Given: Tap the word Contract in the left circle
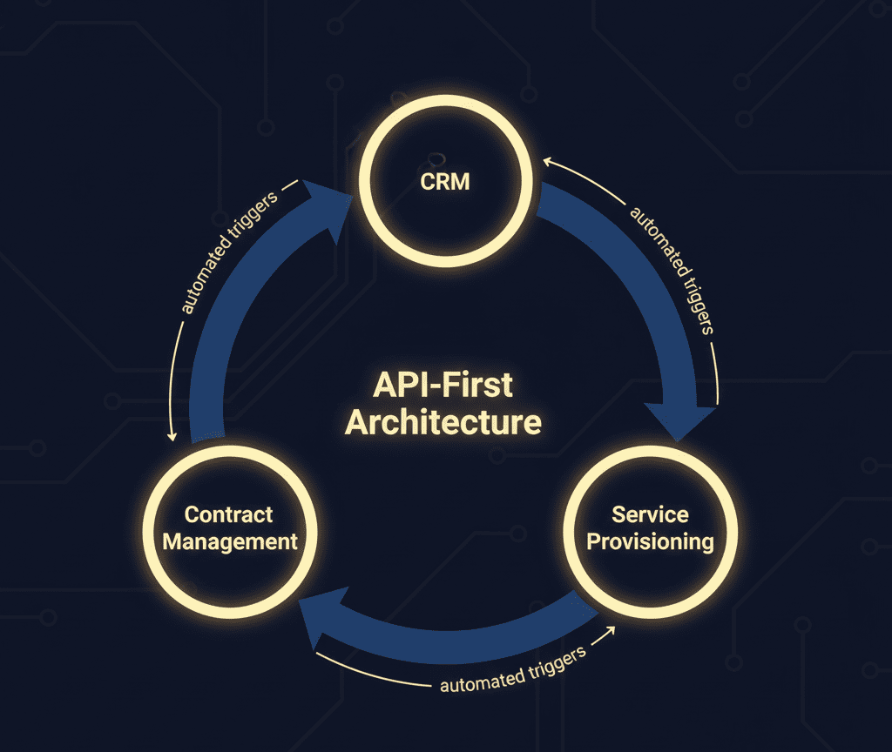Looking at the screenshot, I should pos(229,514).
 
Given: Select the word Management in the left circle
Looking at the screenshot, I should pos(230,541).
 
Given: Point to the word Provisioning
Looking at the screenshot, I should pos(649,541).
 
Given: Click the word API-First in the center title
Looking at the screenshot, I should pos(443,386).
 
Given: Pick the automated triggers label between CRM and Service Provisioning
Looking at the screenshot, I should pos(672,271).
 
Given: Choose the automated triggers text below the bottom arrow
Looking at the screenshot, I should pos(513,669).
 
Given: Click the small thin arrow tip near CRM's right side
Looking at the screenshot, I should pos(547,161).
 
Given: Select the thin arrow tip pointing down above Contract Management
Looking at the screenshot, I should pos(174,436).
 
